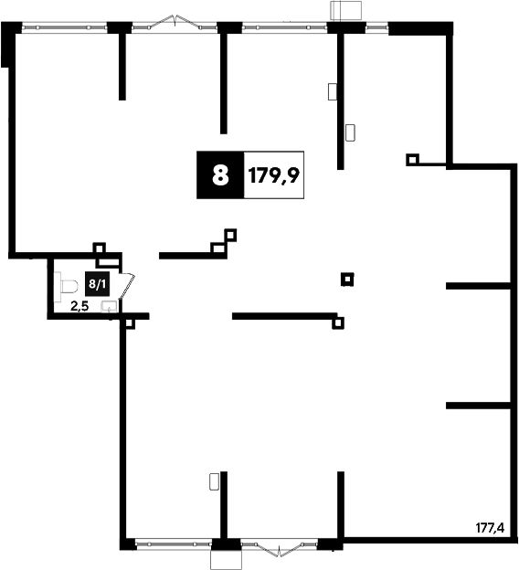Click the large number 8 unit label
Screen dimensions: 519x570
(220, 174)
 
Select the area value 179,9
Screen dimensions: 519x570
(274, 175)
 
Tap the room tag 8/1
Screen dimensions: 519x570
(97, 283)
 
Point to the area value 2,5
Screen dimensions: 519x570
(79, 306)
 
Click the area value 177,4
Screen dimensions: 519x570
(491, 527)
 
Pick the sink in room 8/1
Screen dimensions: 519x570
(109, 307)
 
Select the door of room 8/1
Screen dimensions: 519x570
(127, 286)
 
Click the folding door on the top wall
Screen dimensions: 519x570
(175, 22)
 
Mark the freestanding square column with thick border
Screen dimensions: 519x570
(347, 280)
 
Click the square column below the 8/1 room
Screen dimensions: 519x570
(129, 322)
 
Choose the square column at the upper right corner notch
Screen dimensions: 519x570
(412, 159)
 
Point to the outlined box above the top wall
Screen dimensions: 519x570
(345, 10)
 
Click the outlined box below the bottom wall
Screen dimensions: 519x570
(226, 559)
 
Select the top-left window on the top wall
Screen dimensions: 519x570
(65, 27)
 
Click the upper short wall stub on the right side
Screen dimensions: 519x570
(478, 286)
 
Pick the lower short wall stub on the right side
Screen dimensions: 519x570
(478, 406)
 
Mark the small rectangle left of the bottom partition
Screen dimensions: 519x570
(214, 481)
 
